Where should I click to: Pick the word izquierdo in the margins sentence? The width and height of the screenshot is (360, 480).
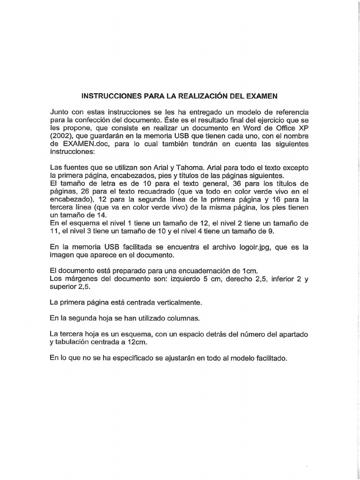click(x=178, y=279)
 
